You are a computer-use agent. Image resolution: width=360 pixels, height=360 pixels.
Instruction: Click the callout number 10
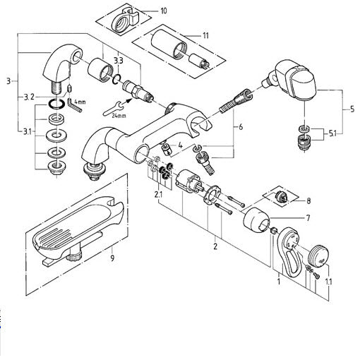tap(164, 11)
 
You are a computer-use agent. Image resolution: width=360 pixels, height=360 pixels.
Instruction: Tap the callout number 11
tap(205, 35)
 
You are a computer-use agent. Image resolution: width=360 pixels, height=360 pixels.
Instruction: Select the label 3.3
tap(119, 61)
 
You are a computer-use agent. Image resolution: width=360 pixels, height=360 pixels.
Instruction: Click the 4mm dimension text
tap(80, 102)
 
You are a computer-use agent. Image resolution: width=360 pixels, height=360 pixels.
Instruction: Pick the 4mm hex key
tap(74, 105)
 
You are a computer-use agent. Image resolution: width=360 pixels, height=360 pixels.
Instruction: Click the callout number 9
tap(112, 258)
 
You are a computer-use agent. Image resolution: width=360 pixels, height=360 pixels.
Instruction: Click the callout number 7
tap(308, 218)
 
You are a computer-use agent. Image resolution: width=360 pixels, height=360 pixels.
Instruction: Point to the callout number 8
tap(308, 201)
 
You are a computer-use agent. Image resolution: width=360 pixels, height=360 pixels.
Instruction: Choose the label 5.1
tap(332, 134)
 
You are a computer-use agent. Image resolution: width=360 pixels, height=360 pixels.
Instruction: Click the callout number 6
tap(241, 127)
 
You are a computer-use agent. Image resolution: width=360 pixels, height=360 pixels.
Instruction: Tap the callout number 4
tap(180, 145)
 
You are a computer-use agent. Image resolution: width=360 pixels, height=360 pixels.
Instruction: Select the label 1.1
tap(328, 282)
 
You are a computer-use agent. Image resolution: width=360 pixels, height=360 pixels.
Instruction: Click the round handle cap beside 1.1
tap(318, 256)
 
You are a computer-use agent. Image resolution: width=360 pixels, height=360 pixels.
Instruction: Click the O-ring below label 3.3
tap(116, 79)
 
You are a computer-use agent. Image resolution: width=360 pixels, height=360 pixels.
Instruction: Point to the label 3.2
tap(29, 97)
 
